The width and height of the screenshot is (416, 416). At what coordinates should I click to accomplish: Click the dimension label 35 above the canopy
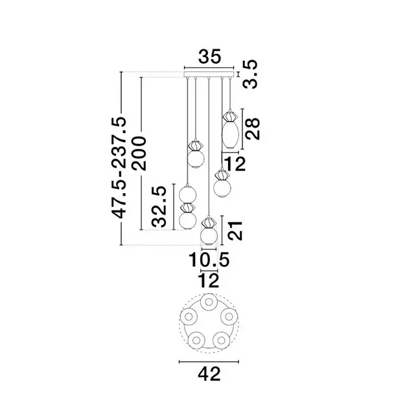[x=209, y=56]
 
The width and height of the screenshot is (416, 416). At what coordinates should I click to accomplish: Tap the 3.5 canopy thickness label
[x=251, y=74]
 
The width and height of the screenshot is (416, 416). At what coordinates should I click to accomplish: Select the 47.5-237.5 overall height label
[x=119, y=167]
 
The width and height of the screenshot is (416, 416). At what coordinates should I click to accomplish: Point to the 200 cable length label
[x=139, y=153]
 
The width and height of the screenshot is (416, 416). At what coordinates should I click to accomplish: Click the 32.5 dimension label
[x=159, y=207]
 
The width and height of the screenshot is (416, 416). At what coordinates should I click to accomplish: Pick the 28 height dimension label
[x=252, y=129]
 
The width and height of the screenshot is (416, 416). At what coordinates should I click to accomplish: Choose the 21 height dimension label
[x=235, y=231]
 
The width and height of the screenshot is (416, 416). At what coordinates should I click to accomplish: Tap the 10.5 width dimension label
[x=209, y=259]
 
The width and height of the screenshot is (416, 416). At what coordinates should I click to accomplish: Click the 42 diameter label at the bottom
[x=209, y=374]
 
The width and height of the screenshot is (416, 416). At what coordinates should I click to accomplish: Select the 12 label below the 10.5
[x=209, y=281]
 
